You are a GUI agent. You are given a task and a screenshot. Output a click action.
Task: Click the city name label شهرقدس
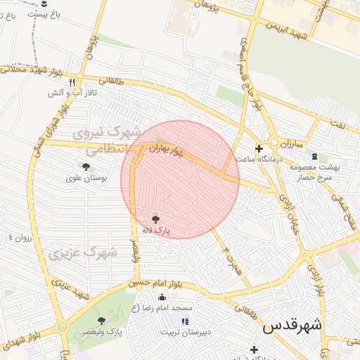click(x=292, y=326)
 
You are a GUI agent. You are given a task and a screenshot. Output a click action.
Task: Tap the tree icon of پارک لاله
click(x=155, y=219)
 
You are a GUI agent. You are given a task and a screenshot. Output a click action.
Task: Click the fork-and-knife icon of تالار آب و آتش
click(x=72, y=82)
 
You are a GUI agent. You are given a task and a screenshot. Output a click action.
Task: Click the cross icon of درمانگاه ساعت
click(x=259, y=148)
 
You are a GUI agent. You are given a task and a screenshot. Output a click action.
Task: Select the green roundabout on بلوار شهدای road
click(x=62, y=327)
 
